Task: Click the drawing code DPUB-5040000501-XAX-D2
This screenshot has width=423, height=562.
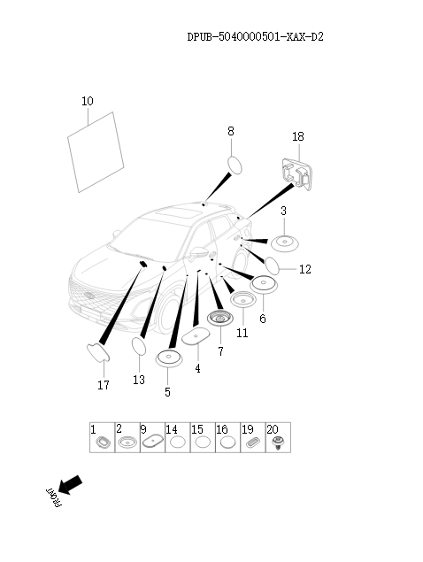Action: [x=255, y=36]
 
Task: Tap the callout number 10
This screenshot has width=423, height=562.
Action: [x=88, y=101]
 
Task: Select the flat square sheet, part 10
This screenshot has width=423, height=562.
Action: [x=96, y=152]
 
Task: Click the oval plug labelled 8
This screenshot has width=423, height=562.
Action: [x=235, y=166]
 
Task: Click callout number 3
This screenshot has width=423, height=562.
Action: [x=283, y=211]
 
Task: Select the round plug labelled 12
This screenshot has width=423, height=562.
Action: [x=272, y=266]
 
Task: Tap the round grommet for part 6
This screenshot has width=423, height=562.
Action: [x=264, y=284]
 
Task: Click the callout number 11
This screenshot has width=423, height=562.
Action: [x=242, y=333]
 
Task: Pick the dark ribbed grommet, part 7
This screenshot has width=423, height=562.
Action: [x=219, y=318]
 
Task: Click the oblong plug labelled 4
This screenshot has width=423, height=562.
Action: [x=196, y=335]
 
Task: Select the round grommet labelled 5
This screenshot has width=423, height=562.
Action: [x=169, y=358]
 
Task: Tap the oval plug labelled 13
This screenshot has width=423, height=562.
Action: [x=139, y=346]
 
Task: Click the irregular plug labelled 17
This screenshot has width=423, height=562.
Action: [x=98, y=353]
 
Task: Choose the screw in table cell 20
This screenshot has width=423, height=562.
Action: [x=277, y=443]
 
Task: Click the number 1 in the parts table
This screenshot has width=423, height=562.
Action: [x=93, y=429]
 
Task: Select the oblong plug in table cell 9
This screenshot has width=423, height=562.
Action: [x=153, y=442]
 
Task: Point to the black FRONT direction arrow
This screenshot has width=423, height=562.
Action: [x=70, y=485]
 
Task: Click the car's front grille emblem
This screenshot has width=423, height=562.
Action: [x=88, y=296]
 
